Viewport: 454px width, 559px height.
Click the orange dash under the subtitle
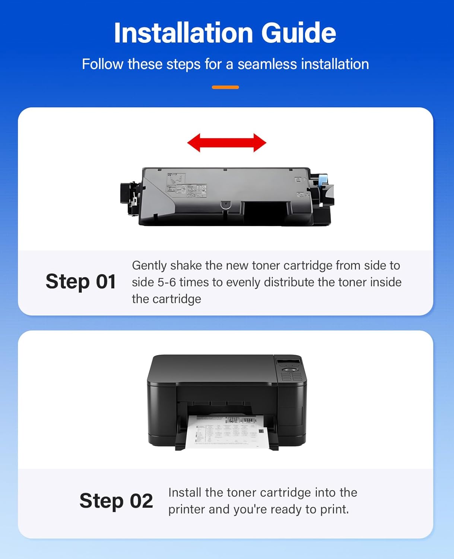tap(225, 87)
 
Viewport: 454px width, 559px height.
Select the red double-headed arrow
tap(226, 143)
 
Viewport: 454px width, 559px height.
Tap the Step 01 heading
tap(80, 281)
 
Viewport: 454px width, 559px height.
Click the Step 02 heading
tap(116, 500)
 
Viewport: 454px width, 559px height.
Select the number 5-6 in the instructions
tap(166, 282)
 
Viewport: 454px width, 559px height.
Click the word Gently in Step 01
tap(149, 265)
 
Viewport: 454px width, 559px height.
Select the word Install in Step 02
tap(185, 492)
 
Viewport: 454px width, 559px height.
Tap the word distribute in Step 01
tap(288, 282)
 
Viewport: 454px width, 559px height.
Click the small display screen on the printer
tap(289, 362)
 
